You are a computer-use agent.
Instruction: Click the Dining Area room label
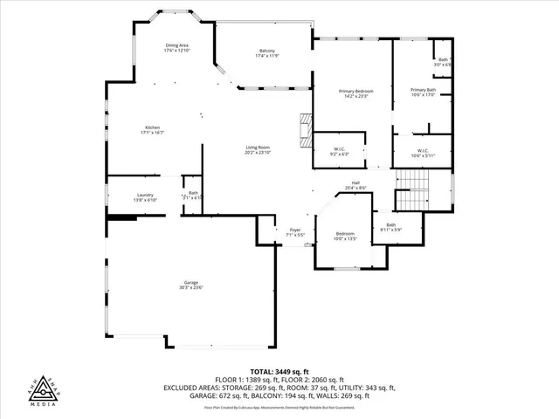[177, 45]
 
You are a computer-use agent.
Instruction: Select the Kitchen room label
[154, 127]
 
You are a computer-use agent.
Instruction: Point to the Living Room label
[257, 148]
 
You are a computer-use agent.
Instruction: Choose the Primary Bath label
[423, 90]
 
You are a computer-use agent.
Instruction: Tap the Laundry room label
[145, 195]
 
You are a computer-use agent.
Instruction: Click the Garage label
[191, 282]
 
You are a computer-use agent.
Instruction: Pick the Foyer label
[295, 230]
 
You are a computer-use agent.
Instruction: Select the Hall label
[355, 182]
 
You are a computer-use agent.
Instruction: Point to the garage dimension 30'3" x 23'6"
[191, 287]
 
